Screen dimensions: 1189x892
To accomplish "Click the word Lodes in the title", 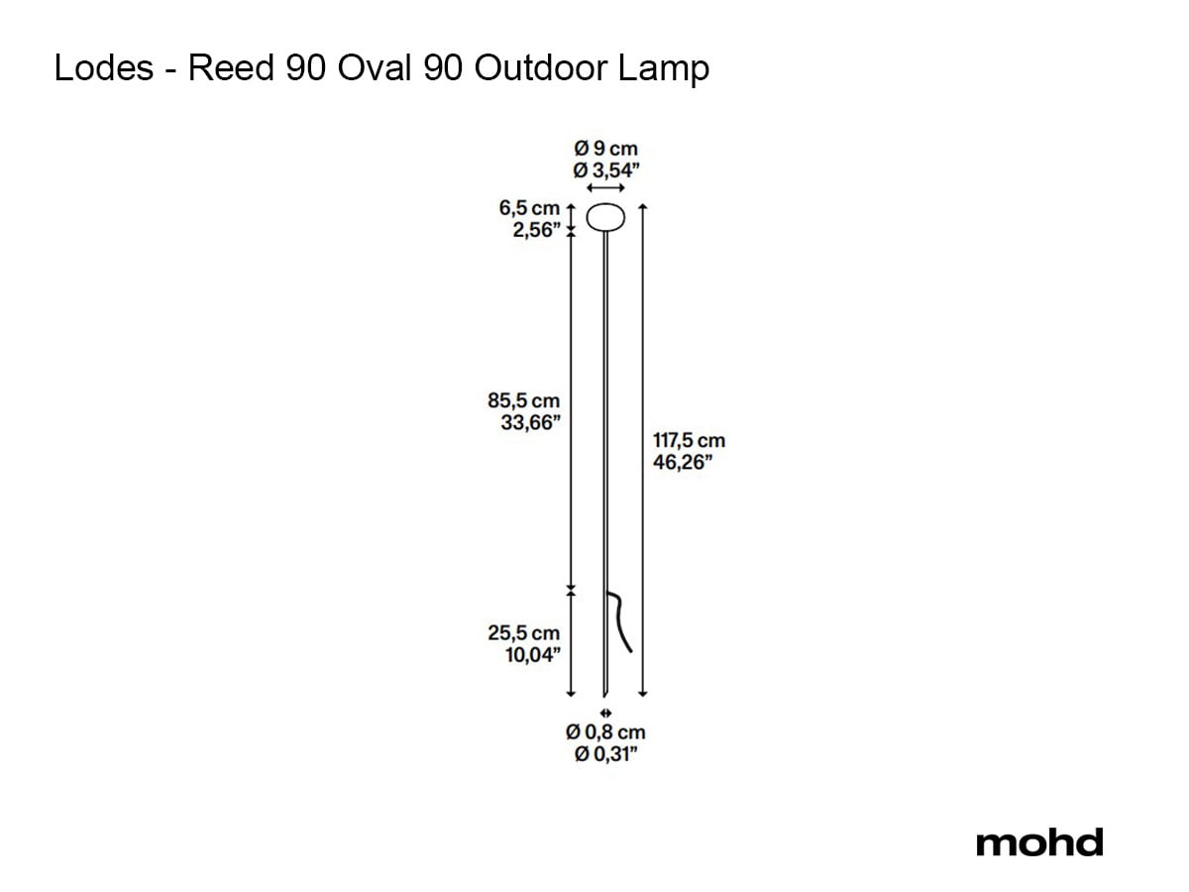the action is [x=104, y=68].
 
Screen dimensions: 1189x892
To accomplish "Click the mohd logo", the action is [x=1039, y=842].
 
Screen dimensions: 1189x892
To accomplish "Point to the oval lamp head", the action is [x=605, y=217].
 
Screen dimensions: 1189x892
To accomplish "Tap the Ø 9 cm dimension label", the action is [x=605, y=148].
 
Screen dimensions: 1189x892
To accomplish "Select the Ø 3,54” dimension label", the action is [x=606, y=170].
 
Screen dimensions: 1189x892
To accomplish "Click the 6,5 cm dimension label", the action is [x=529, y=207].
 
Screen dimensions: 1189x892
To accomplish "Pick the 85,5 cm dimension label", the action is [x=523, y=400].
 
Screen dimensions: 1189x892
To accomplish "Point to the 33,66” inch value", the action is [x=530, y=422].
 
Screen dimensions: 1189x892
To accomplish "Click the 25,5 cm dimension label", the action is [x=523, y=632].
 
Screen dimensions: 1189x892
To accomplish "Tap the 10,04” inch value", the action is [x=533, y=655].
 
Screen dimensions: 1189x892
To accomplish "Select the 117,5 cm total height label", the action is [x=689, y=440].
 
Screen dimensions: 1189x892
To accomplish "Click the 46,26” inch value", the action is [x=683, y=462].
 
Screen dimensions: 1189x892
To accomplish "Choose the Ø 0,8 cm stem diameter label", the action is [x=605, y=732].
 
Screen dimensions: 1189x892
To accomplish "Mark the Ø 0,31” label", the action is [x=606, y=754].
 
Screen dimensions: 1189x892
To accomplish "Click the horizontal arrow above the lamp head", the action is [x=605, y=188].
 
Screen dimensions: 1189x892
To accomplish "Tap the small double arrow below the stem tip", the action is [x=605, y=713].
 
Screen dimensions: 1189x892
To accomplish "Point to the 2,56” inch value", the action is [x=536, y=230].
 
